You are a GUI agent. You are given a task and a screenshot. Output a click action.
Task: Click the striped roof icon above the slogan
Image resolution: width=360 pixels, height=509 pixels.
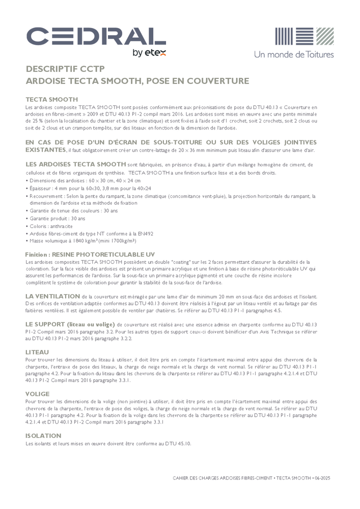click(304, 37)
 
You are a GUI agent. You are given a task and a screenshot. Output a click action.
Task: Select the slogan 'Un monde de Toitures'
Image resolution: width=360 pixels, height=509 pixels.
click(294, 54)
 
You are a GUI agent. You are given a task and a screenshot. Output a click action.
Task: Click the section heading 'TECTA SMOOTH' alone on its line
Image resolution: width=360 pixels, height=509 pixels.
click(51, 99)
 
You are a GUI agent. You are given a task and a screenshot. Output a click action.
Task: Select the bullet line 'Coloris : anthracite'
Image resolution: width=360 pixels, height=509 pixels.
click(51, 226)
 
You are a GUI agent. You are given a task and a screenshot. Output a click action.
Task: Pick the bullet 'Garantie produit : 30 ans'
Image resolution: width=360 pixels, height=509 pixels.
click(58, 218)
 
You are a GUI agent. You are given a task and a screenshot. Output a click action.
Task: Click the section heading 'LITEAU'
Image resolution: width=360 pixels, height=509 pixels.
click(37, 352)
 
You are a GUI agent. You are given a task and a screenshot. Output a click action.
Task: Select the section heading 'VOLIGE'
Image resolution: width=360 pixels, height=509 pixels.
click(37, 394)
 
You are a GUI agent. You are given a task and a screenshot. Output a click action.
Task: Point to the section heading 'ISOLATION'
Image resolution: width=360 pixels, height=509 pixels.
click(43, 436)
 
